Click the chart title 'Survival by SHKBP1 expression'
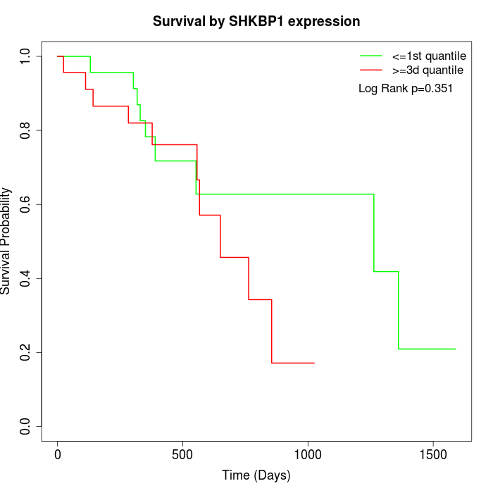[x=256, y=22]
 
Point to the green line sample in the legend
[x=370, y=55]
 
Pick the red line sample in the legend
[x=370, y=70]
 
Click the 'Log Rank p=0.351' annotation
[x=405, y=89]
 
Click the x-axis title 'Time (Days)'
[x=256, y=475]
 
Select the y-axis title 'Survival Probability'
[x=6, y=241]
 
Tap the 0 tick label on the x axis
[x=58, y=454]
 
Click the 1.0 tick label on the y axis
[x=26, y=56]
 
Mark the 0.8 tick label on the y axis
[x=26, y=130]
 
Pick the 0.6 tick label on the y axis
[x=26, y=204]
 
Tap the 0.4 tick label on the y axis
[x=26, y=278]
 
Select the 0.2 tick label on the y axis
[x=26, y=352]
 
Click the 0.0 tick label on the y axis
[x=26, y=426]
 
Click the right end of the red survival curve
[x=313, y=363]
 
